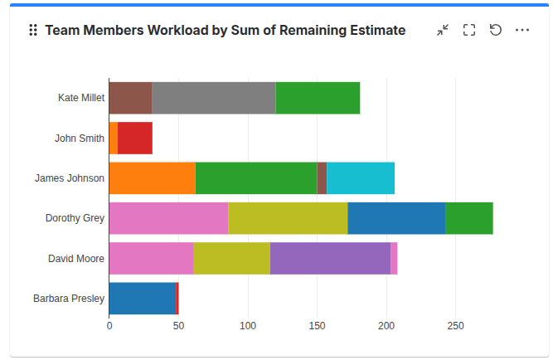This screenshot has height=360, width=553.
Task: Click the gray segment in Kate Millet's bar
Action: click(x=213, y=98)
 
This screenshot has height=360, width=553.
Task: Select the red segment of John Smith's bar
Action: click(x=135, y=138)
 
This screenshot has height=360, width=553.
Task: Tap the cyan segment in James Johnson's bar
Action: click(x=360, y=178)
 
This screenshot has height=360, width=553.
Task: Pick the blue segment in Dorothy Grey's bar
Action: click(x=396, y=217)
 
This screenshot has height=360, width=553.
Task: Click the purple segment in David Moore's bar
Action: click(x=330, y=258)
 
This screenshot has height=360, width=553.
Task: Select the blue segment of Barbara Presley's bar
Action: click(x=142, y=298)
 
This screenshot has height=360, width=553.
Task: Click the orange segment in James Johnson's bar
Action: click(x=152, y=178)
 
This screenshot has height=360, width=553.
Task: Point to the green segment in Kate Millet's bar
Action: click(x=318, y=98)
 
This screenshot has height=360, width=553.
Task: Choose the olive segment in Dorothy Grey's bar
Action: click(x=288, y=217)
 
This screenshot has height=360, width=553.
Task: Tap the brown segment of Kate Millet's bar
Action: click(x=130, y=98)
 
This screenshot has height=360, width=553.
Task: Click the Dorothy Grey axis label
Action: click(x=75, y=218)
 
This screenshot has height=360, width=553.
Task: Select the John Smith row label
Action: click(x=80, y=139)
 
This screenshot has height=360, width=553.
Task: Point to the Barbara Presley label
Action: click(x=69, y=298)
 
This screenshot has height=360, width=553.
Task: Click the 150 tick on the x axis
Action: click(x=317, y=327)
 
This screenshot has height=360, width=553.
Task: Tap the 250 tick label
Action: click(x=455, y=327)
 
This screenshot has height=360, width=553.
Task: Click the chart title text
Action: click(x=225, y=31)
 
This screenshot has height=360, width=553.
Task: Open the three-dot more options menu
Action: click(x=522, y=31)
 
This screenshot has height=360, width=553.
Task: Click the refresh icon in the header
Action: click(x=496, y=31)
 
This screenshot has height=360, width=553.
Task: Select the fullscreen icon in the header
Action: click(x=469, y=31)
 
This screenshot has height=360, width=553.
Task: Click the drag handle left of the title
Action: click(x=33, y=31)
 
